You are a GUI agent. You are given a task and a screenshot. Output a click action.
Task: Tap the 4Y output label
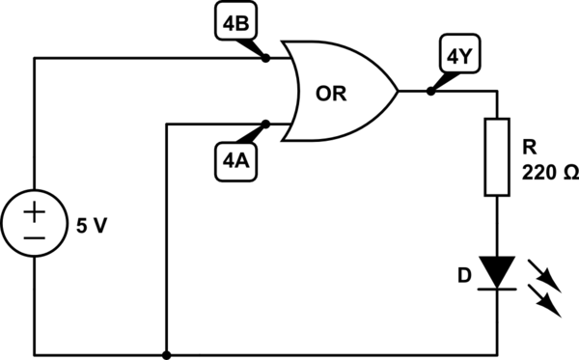click(455, 57)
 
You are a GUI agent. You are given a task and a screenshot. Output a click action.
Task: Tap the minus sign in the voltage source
click(36, 236)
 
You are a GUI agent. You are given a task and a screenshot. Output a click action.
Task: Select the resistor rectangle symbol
click(496, 157)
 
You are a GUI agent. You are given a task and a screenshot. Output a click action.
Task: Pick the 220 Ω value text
click(549, 174)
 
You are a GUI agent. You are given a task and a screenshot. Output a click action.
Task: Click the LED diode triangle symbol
click(496, 271)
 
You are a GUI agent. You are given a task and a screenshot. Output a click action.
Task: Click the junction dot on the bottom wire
click(168, 353)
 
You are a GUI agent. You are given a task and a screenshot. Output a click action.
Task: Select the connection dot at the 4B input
click(266, 58)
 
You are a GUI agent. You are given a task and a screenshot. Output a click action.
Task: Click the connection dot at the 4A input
click(266, 124)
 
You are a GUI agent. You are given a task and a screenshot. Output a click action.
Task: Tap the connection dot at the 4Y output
click(430, 92)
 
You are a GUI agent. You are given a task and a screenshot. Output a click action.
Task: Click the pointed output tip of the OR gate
click(397, 92)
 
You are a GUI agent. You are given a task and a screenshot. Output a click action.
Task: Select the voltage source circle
click(36, 224)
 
